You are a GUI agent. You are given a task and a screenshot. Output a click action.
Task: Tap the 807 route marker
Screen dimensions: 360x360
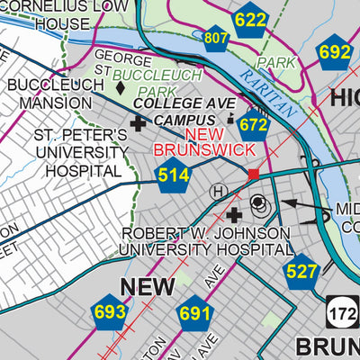point(216,37)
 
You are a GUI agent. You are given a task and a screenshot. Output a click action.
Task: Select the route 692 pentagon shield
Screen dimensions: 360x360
point(334,52)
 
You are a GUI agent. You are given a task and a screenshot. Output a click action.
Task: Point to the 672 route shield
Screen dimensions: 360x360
point(254,124)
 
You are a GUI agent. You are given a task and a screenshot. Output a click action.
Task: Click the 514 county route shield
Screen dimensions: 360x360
point(173,175)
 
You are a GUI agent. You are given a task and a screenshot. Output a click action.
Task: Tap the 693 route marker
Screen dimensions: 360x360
point(110,312)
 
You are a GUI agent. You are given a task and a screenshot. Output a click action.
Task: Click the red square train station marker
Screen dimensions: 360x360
point(254,173)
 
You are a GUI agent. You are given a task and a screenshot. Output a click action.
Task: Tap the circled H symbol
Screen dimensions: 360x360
point(218,191)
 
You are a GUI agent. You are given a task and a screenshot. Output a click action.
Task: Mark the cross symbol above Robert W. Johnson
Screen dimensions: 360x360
point(235,214)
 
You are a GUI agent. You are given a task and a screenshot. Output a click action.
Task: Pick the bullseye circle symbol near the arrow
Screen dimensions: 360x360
point(259,203)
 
